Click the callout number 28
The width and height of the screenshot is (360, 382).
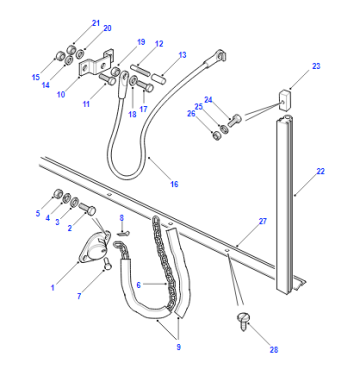274,350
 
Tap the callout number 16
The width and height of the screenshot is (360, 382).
174,184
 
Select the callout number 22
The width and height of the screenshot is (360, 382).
320,171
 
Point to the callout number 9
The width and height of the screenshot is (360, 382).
179,347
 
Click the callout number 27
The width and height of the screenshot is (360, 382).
263,221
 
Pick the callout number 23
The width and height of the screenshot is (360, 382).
316,66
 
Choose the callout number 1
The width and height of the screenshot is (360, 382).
53,288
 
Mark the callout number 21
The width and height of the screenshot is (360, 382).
96,23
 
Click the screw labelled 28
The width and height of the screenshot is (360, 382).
243,321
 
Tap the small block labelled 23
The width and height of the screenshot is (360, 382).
283,99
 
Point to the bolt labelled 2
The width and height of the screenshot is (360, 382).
87,208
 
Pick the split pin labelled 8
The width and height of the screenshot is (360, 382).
124,233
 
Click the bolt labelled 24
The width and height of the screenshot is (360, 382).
234,120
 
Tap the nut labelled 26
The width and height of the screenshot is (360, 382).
217,136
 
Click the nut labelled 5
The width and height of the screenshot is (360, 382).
58,194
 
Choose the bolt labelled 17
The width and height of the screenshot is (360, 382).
145,86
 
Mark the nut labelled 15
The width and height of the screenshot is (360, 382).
60,55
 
